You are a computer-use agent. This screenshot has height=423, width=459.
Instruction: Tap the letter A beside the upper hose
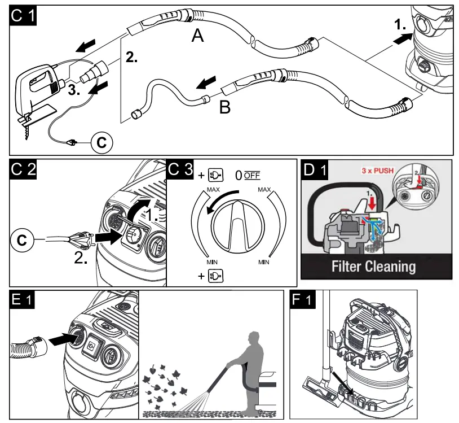click(197, 36)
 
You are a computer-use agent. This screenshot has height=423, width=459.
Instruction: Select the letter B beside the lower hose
click(224, 107)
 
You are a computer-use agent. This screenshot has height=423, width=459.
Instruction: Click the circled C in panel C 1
click(101, 142)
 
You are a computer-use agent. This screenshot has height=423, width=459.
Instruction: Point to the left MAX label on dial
click(213, 190)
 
